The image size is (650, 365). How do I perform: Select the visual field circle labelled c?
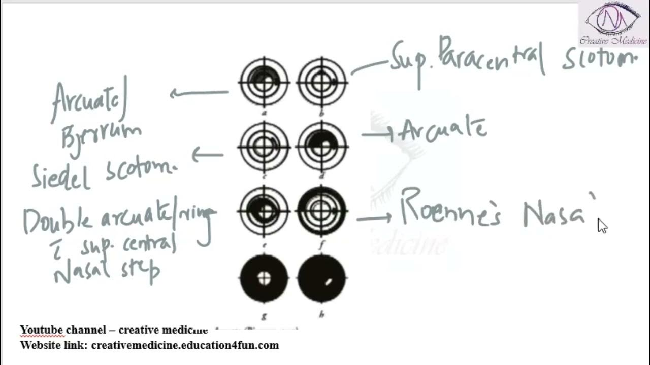264,147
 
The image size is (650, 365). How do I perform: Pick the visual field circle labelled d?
322,147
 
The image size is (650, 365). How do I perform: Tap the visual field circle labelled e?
264,210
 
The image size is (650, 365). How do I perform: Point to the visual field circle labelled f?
322,210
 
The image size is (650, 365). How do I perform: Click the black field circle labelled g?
264,278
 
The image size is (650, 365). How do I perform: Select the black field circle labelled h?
322,278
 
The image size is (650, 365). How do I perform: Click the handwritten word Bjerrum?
101,134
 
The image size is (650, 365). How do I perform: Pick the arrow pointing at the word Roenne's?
374,218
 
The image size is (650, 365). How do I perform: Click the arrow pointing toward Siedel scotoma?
207,154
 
